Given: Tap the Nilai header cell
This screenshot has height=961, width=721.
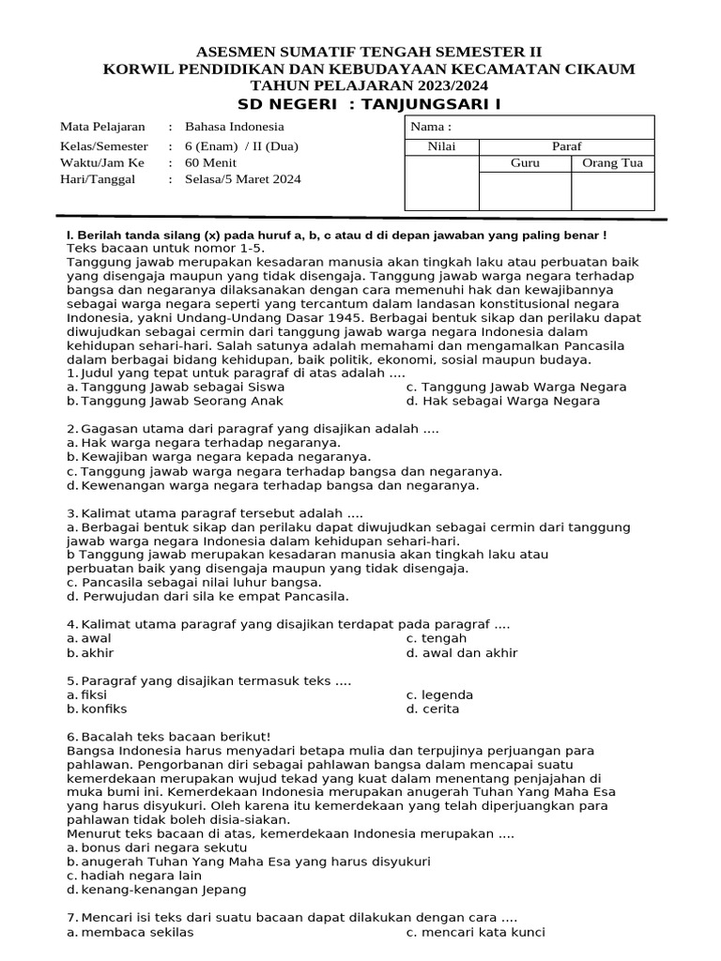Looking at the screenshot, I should coord(441,146).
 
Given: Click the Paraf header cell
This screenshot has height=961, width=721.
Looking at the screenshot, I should coord(566,146).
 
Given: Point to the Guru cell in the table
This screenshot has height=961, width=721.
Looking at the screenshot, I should coord(525,163).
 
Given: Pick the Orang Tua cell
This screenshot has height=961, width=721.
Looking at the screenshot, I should coord(612,163).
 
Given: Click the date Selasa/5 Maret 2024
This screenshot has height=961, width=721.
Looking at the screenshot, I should coord(243,179).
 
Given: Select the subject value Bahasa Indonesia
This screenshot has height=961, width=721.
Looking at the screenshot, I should coord(234,127).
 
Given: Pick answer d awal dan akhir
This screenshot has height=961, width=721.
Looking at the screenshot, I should coord(461,653).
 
